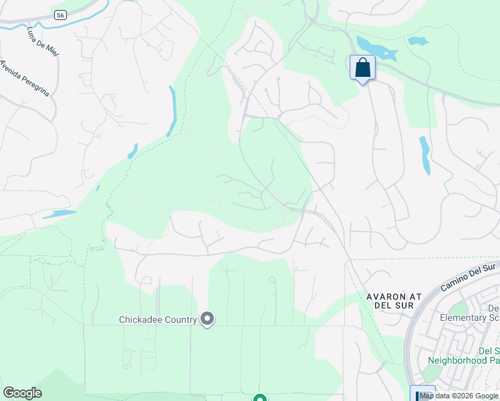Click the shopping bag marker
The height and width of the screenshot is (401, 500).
(x=362, y=68)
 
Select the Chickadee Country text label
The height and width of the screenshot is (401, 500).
(x=158, y=319)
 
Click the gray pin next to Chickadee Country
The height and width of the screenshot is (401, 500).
(x=207, y=319)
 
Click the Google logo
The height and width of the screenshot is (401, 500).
(x=22, y=393)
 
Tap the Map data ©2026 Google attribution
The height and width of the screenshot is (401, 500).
(x=459, y=396)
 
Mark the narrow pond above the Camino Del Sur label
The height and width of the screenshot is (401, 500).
(x=424, y=154)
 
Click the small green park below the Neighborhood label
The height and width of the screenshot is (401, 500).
(x=432, y=372)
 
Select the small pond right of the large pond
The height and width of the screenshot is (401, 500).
(x=418, y=41)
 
